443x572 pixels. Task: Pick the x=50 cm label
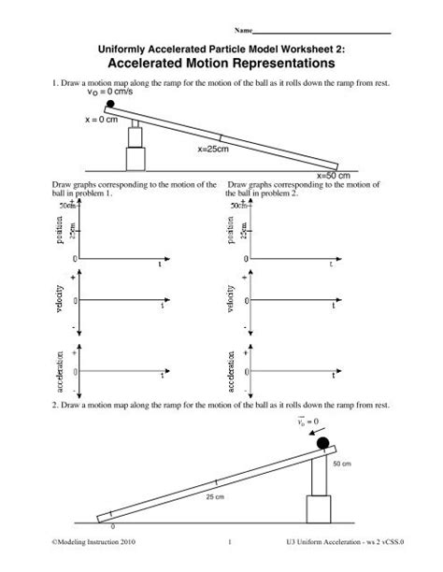(x=333, y=175)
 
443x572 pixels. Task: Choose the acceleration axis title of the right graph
(x=227, y=371)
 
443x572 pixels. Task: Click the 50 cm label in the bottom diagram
(x=343, y=463)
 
